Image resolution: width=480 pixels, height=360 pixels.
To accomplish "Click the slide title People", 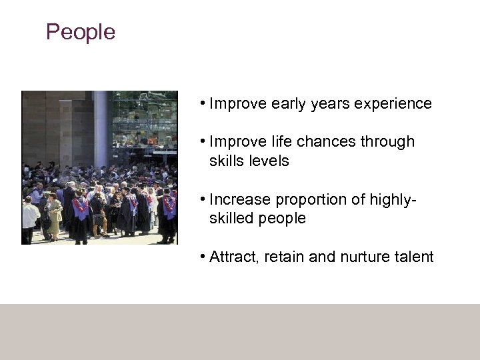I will [80, 32].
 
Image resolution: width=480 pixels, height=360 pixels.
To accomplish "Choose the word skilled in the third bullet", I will [230, 219].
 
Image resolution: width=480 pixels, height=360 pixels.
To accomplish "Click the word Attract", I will [233, 257].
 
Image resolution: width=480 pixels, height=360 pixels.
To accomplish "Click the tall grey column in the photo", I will [101, 127].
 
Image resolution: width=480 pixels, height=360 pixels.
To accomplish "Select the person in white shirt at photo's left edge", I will [30, 217].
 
